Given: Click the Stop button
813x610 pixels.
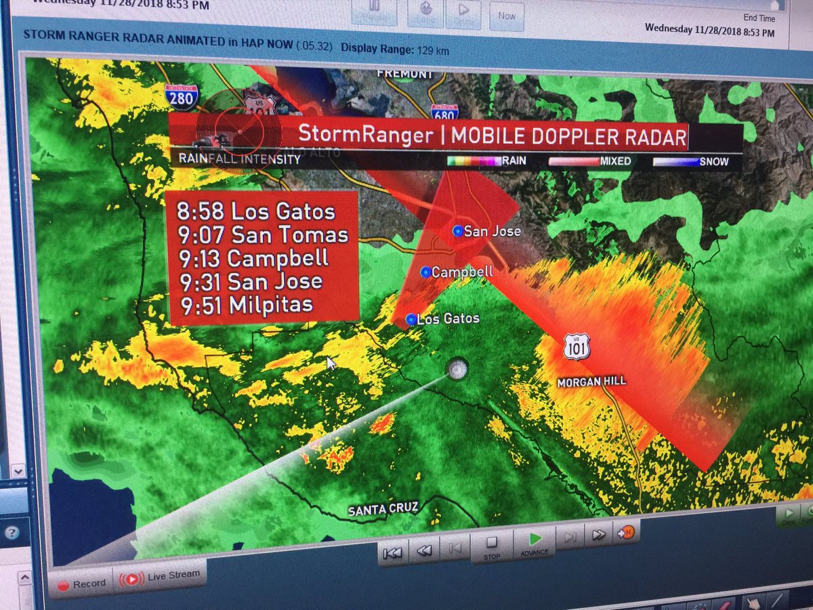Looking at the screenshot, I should click(492, 546).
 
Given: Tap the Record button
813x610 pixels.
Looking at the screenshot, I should click(82, 583).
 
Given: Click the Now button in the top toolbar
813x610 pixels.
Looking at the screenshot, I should click(507, 16).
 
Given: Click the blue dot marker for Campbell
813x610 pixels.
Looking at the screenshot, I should click(425, 272).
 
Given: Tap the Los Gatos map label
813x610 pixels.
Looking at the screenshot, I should click(448, 319).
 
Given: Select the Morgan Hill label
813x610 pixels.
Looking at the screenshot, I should click(591, 382).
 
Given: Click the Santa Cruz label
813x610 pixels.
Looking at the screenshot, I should click(383, 509).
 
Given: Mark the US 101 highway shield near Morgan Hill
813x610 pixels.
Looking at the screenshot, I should click(575, 347).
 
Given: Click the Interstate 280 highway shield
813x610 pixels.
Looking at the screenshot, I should click(182, 97).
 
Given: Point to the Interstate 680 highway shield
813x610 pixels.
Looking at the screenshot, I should click(444, 113).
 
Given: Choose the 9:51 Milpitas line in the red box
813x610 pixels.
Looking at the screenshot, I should click(247, 304).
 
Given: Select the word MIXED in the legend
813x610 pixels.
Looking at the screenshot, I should click(615, 161).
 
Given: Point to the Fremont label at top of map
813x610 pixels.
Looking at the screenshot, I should click(404, 73).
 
